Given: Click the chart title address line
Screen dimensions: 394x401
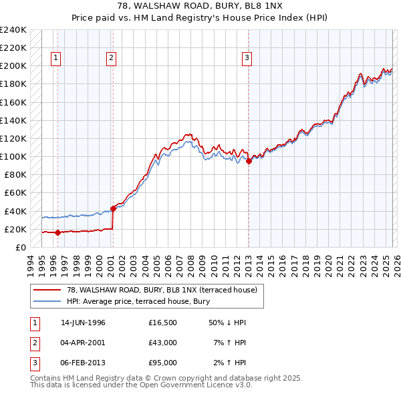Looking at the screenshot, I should point(200,6).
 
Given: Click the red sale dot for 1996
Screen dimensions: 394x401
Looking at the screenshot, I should point(57,232).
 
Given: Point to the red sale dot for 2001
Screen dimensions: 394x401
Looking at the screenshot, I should point(113,208).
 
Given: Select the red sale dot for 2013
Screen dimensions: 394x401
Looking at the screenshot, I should point(249,161).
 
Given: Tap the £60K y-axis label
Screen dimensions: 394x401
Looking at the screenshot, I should point(15,193).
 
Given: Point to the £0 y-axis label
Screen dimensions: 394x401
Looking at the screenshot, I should point(20,247).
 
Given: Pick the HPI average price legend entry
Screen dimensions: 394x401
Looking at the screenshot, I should point(138,301).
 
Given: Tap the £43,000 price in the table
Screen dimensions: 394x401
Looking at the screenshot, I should point(162,343).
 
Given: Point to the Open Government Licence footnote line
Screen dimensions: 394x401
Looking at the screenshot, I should point(141,385).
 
